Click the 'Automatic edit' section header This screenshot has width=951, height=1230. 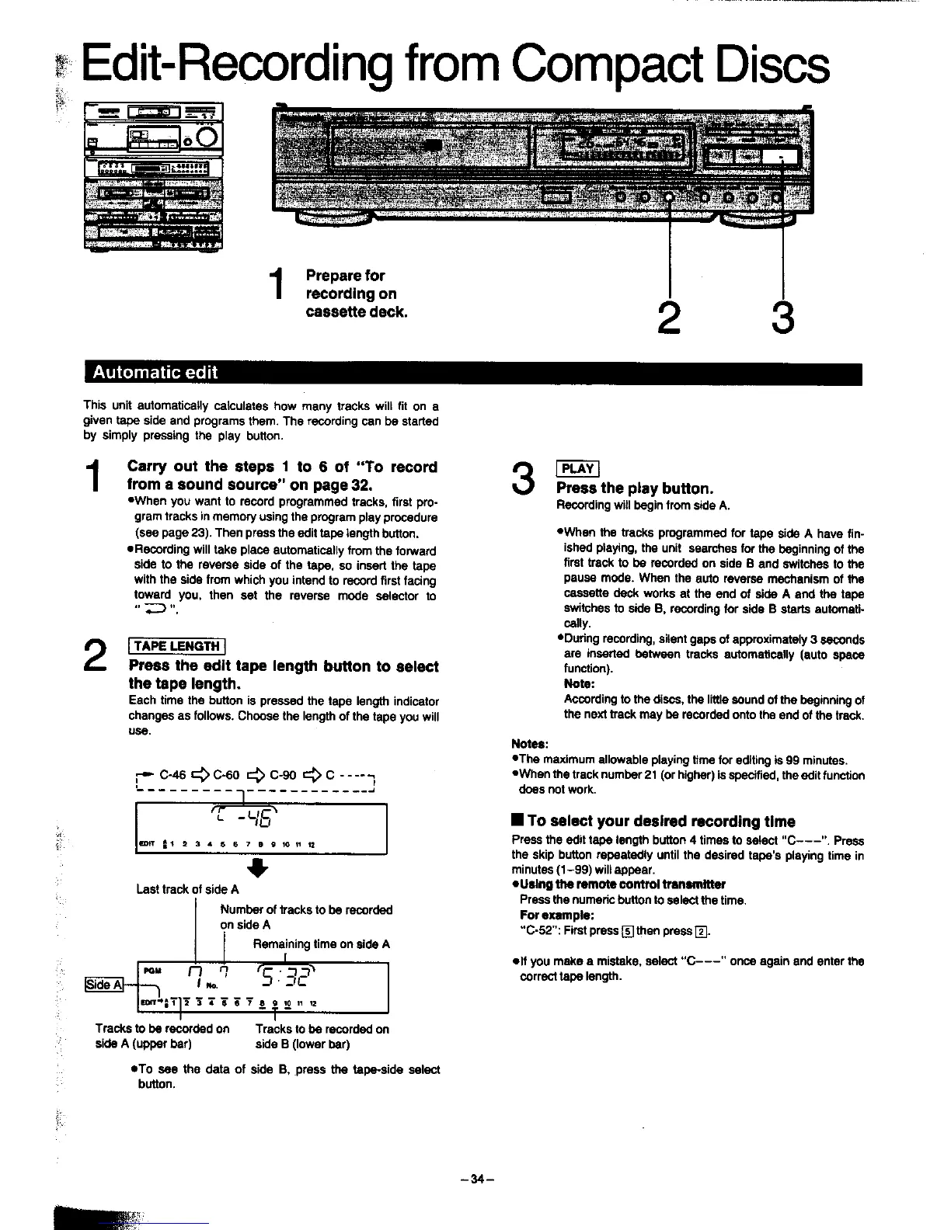point(155,372)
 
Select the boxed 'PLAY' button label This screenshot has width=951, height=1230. point(577,468)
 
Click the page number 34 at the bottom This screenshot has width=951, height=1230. point(475,1179)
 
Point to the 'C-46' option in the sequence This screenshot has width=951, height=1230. point(172,775)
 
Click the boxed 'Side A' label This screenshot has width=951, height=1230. point(103,985)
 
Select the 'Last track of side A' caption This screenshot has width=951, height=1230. point(187,889)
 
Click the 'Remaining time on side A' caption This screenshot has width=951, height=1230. point(321,944)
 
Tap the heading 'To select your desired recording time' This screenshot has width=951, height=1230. point(660,822)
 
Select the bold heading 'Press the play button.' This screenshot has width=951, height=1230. point(634,488)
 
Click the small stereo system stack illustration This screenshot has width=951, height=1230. point(153,176)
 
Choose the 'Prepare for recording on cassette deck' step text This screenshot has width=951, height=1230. point(356,294)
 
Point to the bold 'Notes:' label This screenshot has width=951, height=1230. point(530,743)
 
